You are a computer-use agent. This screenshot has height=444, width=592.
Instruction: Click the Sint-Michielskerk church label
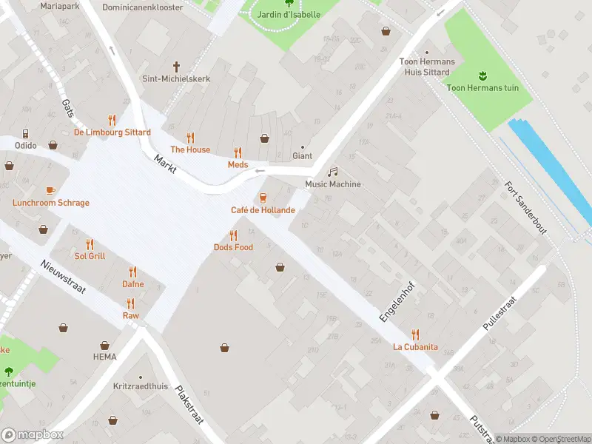pos(176,78)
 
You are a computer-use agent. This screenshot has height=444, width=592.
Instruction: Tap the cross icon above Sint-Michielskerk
pos(176,66)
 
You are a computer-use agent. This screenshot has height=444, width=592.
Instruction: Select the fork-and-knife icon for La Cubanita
pos(415,334)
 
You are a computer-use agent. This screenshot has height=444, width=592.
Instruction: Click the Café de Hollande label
pos(263,210)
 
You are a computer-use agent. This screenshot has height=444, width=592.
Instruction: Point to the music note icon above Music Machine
pos(333,171)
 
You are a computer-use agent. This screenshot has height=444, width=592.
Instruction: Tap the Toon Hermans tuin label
pos(482,88)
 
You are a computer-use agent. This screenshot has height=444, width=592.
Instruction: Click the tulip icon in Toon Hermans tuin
pos(482,75)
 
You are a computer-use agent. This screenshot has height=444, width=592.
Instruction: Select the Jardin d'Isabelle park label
pos(289,14)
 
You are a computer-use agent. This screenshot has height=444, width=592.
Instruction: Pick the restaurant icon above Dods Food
pos(234,235)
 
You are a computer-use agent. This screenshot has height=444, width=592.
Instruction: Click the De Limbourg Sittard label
pos(112,132)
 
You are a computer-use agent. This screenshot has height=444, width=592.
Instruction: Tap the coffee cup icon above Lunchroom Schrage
pos(50,190)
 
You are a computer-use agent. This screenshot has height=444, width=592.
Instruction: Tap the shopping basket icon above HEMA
pos(104,345)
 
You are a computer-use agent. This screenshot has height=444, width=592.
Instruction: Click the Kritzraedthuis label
pos(141,386)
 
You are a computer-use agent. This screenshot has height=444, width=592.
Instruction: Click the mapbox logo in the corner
pos(33,435)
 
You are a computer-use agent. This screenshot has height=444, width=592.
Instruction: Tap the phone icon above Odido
pos(26,133)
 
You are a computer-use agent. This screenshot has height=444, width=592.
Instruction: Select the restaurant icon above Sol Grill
pos(90,244)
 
